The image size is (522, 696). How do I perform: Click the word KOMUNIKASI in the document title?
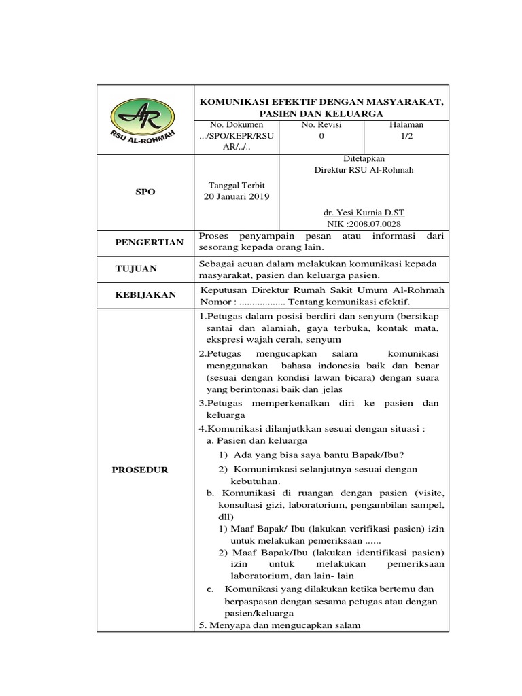click(x=235, y=101)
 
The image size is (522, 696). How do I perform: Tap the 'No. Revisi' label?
click(x=321, y=125)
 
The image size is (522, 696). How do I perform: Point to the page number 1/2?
click(x=406, y=136)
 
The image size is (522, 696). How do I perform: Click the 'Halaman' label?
click(x=406, y=125)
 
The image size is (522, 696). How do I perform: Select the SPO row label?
click(x=145, y=192)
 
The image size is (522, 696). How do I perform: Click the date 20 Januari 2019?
click(x=237, y=197)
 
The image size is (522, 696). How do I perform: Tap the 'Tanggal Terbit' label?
click(x=237, y=185)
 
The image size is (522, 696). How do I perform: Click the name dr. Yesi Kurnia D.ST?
click(x=363, y=213)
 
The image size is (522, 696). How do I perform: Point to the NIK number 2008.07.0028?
click(x=377, y=224)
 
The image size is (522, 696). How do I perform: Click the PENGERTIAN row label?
click(x=149, y=242)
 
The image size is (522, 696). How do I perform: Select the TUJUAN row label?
click(x=135, y=268)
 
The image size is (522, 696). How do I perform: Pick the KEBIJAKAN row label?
click(x=144, y=294)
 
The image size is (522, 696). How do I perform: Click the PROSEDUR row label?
click(x=141, y=470)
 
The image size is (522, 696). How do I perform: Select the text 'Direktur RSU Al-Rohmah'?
click(x=363, y=170)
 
